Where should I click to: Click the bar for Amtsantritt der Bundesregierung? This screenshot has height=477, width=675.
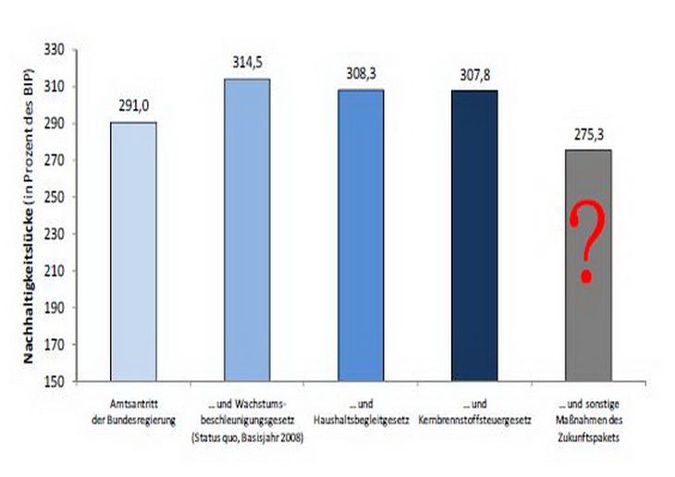[134, 250]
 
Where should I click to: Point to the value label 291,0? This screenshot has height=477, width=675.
[134, 105]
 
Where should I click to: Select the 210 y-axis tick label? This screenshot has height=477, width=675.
[56, 271]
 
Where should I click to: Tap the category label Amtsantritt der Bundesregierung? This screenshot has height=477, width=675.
[134, 410]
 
